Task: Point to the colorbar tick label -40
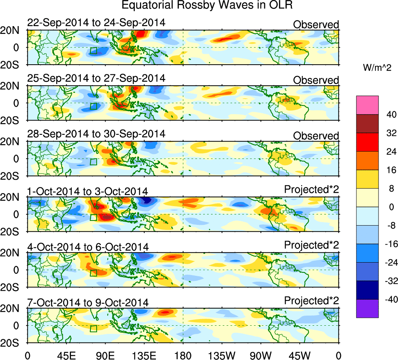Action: pyautogui.click(x=389, y=299)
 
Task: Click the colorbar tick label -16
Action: pyautogui.click(x=389, y=244)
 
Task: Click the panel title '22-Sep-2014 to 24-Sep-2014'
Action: pyautogui.click(x=96, y=23)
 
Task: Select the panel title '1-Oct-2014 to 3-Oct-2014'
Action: pyautogui.click(x=88, y=191)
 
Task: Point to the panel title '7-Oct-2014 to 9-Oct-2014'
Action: pyautogui.click(x=88, y=302)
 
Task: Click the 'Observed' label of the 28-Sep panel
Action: pyautogui.click(x=316, y=136)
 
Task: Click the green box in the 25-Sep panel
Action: pyautogui.click(x=93, y=106)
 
